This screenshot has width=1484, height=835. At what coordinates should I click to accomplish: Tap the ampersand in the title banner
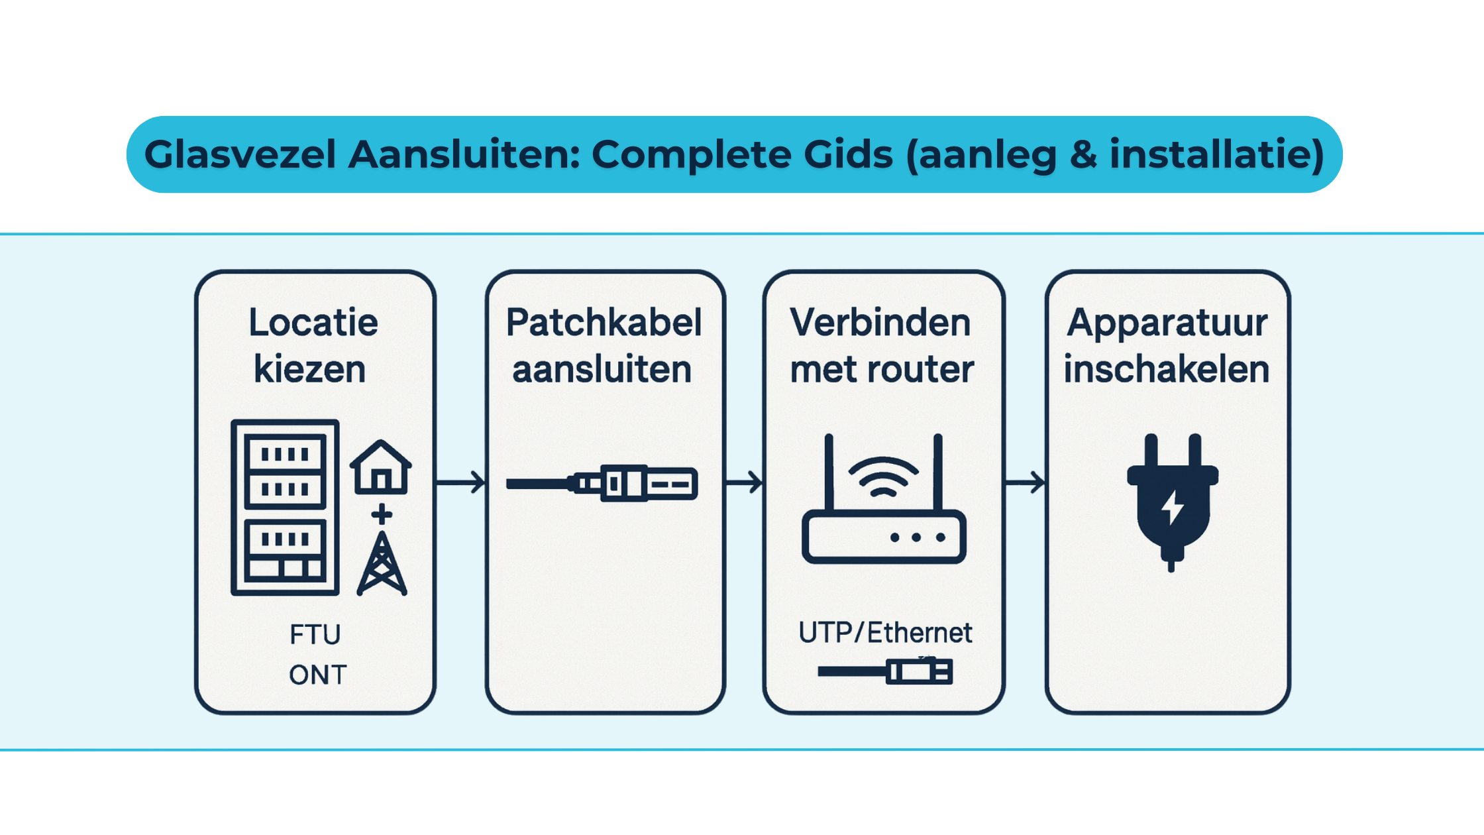pos(1083,155)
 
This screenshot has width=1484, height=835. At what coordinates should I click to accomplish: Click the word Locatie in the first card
pos(313,323)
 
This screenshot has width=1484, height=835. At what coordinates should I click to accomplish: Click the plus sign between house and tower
pos(382,514)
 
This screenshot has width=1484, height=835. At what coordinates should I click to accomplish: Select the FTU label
pos(315,635)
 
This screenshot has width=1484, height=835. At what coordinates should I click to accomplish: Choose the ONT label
pos(317,675)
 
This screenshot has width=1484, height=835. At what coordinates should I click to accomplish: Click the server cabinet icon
pos(285,507)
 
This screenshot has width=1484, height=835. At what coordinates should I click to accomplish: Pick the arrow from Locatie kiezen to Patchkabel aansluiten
pos(461,482)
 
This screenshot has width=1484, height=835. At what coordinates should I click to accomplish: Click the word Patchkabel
pos(604,323)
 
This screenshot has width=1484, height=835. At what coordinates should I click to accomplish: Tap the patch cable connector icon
pos(603,483)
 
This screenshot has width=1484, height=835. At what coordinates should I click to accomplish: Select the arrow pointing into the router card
pos(745,482)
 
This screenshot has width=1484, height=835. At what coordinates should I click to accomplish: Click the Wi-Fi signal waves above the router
pos(883,477)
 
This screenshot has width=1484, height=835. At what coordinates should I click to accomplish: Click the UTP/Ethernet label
pos(885,633)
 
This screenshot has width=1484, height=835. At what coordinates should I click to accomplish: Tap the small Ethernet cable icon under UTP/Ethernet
pos(885,671)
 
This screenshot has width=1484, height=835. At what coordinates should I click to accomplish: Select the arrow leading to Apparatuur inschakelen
pos(1026,482)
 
